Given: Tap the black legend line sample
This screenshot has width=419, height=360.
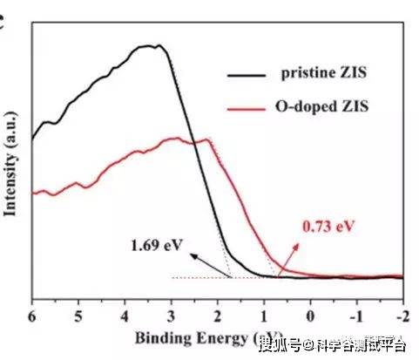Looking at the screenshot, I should [x=248, y=76].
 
